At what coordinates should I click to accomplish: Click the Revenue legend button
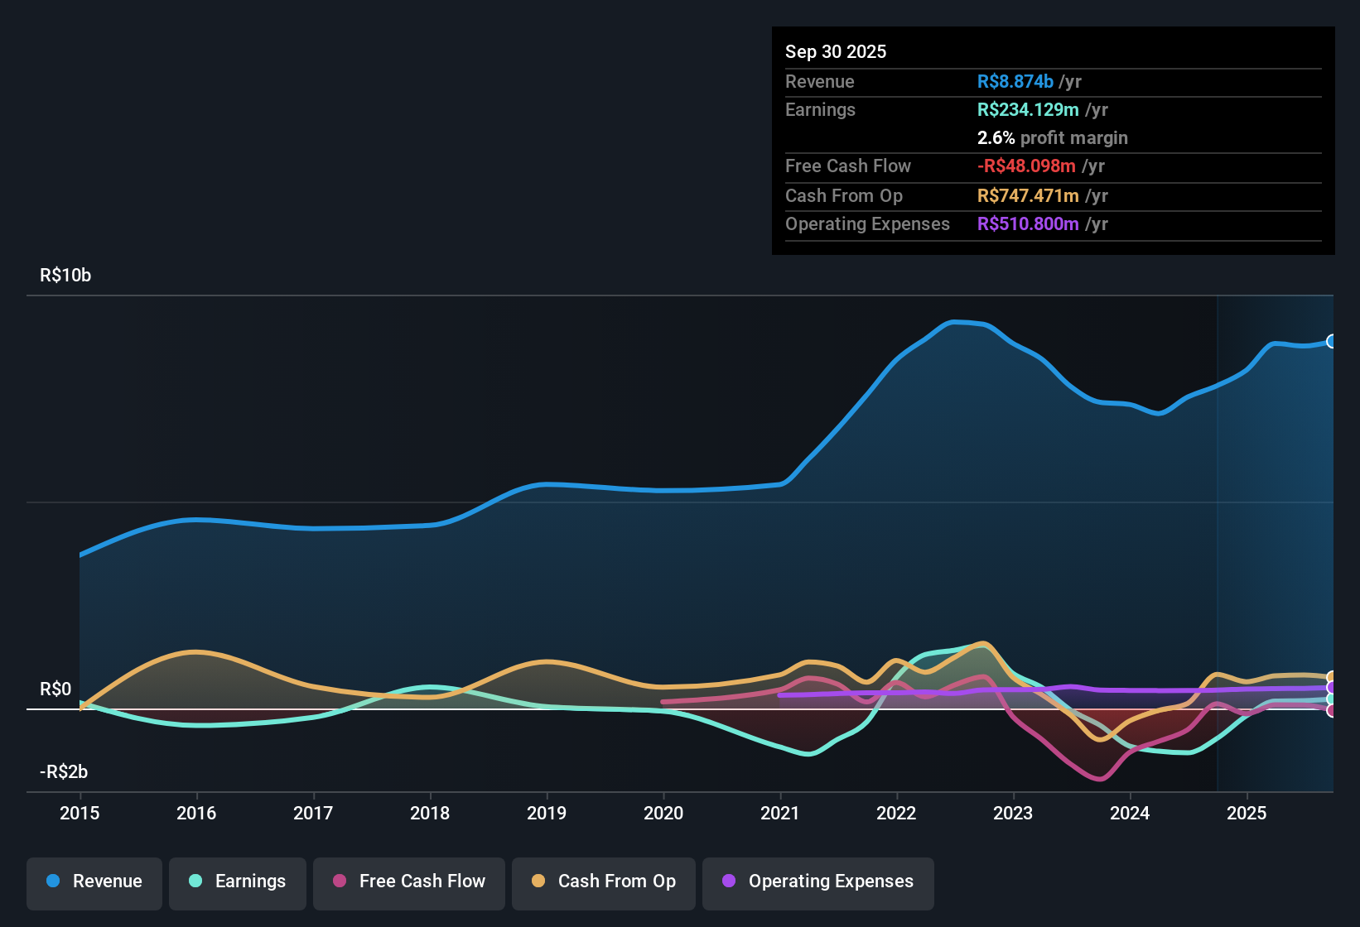(94, 881)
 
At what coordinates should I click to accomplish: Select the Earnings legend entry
(238, 881)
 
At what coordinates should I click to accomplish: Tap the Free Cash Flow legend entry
(409, 881)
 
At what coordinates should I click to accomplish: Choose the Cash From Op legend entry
(604, 881)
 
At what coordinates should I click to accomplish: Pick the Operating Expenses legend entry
(818, 881)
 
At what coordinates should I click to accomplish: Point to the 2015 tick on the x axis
(80, 814)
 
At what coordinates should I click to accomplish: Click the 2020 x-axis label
(663, 814)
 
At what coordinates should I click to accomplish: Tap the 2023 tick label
(1013, 814)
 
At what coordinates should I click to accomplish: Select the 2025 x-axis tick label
(1247, 814)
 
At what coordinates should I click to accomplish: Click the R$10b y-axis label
(65, 276)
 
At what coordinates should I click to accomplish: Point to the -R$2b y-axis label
(64, 772)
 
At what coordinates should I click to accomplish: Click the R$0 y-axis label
(55, 689)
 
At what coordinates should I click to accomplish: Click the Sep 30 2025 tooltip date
(836, 52)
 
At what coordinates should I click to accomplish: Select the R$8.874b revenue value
(1015, 82)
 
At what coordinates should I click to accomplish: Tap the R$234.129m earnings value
(1028, 110)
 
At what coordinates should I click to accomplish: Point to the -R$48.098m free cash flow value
(1026, 166)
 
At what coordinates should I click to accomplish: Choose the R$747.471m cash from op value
(1028, 196)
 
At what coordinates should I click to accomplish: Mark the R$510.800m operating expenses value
(1028, 224)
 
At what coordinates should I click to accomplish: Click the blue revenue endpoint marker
(1331, 341)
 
